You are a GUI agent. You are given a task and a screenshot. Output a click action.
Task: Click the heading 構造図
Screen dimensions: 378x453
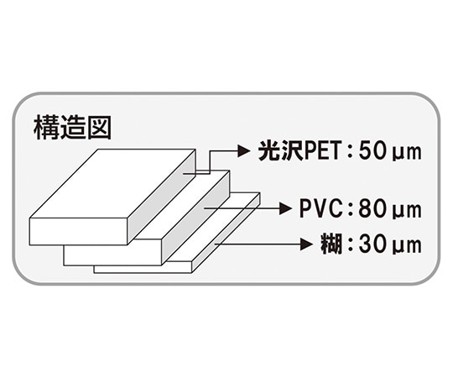71,127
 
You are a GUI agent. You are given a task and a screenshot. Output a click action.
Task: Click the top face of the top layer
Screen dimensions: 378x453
117,183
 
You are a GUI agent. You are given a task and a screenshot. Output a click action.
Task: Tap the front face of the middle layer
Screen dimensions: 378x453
113,254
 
